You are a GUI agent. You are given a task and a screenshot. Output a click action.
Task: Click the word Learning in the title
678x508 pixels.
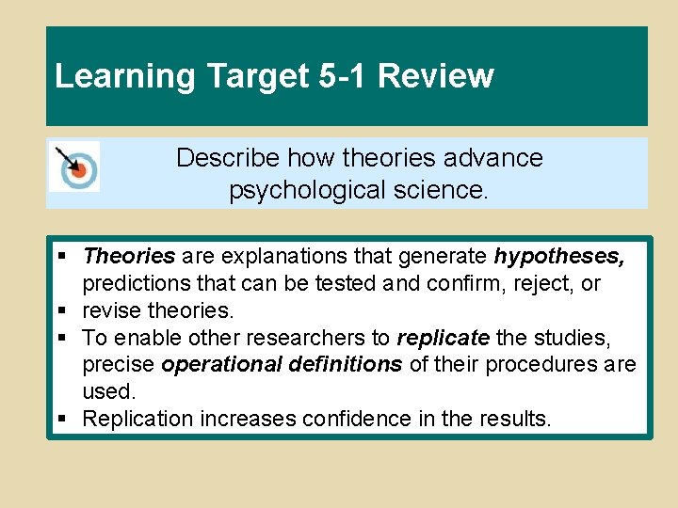coord(112,76)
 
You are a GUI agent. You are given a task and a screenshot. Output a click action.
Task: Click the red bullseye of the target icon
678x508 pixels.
coord(79,170)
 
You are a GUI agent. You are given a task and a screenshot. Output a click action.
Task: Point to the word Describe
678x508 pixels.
coord(229,157)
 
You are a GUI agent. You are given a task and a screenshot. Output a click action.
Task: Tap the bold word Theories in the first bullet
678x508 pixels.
coord(129,256)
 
